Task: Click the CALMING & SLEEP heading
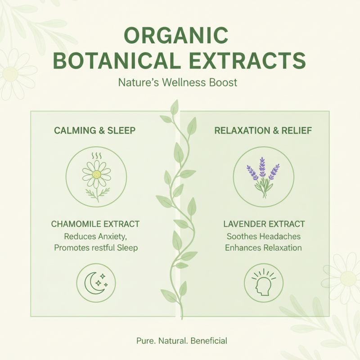pyautogui.click(x=95, y=131)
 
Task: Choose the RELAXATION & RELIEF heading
pyautogui.click(x=264, y=131)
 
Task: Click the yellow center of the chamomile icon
pyautogui.click(x=96, y=175)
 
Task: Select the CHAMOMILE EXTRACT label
pyautogui.click(x=95, y=224)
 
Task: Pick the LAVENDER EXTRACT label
pyautogui.click(x=264, y=224)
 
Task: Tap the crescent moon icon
pyautogui.click(x=93, y=282)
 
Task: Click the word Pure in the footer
pyautogui.click(x=144, y=341)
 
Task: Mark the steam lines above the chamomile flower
pyautogui.click(x=96, y=156)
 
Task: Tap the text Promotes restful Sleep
pyautogui.click(x=95, y=247)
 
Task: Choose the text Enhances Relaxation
pyautogui.click(x=264, y=247)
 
